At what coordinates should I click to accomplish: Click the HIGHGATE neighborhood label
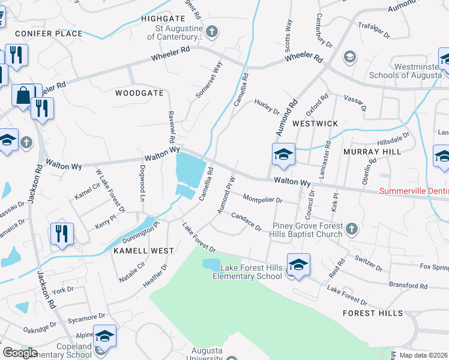163,19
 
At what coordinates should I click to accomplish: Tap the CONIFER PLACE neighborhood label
49,34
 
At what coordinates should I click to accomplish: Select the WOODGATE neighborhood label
139,93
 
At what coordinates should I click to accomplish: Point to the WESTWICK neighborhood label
315,123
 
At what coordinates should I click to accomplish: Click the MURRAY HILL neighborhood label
372,152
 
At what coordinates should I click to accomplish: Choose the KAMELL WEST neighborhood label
143,251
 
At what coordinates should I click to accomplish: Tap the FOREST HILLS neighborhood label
373,313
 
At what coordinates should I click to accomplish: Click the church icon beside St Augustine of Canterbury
211,31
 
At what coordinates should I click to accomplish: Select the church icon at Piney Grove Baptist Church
352,228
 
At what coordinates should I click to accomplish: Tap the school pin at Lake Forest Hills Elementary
298,265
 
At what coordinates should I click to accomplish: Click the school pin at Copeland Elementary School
104,337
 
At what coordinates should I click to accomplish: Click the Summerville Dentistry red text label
414,192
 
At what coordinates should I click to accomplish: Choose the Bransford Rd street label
406,286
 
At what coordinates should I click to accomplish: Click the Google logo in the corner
20,353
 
